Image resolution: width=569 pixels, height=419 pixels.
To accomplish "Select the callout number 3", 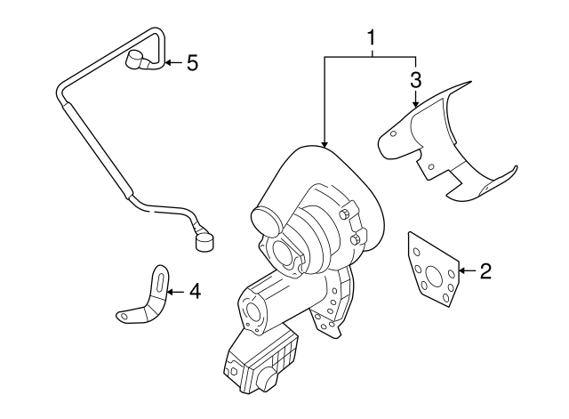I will pos(415,79).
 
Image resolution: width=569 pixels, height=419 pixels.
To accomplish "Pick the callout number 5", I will pos(191,63).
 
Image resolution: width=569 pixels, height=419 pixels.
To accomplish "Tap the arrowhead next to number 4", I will pos(172,290).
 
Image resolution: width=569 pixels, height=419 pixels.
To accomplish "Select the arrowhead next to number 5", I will pos(167,63).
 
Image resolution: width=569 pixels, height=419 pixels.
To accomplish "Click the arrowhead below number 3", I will pos(415,105).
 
